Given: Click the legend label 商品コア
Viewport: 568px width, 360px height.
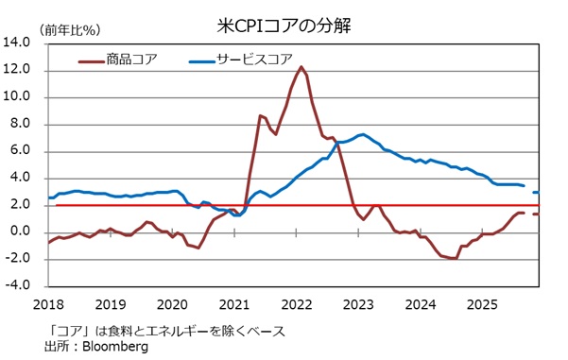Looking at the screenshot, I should click(132, 59).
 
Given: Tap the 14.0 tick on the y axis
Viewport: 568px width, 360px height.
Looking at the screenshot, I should click(18, 43).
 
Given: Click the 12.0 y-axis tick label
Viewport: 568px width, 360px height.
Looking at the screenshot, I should click(18, 70).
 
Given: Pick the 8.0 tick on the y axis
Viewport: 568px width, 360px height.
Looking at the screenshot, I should click(21, 124).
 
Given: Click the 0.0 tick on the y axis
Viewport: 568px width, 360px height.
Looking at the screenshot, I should click(21, 231).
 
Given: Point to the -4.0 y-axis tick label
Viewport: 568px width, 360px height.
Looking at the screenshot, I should click(19, 285).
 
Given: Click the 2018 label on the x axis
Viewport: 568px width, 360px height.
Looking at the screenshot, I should click(49, 304).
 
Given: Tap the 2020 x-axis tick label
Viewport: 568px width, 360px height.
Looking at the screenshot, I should click(173, 304).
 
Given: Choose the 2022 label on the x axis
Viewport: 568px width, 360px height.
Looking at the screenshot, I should click(297, 304).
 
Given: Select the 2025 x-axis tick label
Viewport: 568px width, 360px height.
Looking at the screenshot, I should click(482, 304).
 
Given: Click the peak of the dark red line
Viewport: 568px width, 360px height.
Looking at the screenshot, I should click(301, 66).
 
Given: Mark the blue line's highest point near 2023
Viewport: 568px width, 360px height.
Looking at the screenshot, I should click(364, 134).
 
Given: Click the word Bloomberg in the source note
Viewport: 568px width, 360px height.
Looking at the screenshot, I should click(114, 347).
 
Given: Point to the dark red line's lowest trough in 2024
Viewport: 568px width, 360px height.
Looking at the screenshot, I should click(454, 258).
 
